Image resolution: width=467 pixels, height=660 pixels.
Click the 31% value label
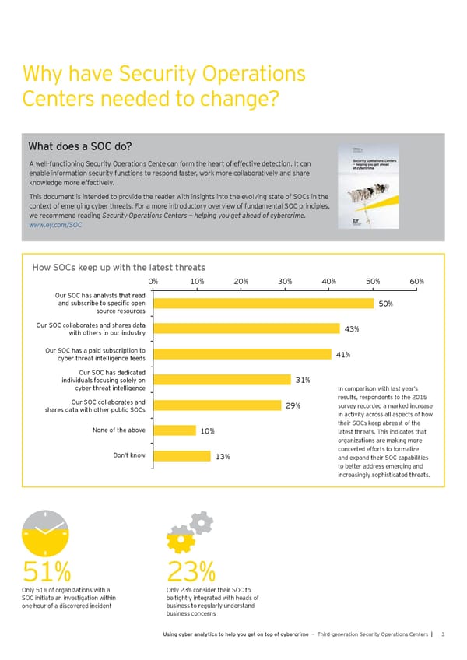tap(304, 380)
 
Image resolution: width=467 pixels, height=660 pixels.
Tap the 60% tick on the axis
tap(416, 281)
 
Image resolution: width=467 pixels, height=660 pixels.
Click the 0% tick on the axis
tap(153, 281)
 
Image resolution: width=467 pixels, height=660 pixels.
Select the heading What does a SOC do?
tap(80, 147)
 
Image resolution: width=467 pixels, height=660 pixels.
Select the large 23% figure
tap(191, 574)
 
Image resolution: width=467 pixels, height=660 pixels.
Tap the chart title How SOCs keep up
tap(119, 267)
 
